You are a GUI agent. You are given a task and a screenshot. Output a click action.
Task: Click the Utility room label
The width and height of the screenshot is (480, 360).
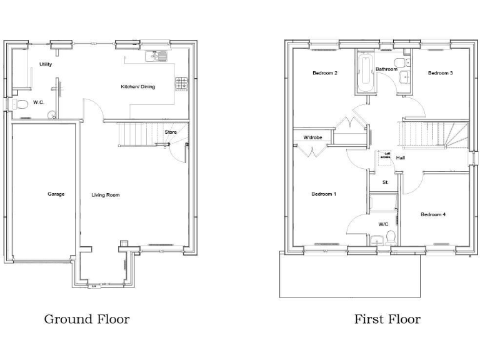pyautogui.click(x=46, y=64)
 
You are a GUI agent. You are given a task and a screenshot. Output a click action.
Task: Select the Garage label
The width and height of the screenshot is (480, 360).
pyautogui.click(x=56, y=194)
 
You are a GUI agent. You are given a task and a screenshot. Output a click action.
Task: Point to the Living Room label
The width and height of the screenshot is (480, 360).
pyautogui.click(x=106, y=195)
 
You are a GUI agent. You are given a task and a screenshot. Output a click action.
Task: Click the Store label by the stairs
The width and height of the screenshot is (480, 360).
pyautogui.click(x=171, y=132)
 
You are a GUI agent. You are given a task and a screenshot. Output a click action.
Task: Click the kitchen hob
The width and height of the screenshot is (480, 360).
pyautogui.click(x=182, y=83)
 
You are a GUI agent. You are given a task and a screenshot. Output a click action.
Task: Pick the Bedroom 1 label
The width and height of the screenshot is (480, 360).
pyautogui.click(x=324, y=194)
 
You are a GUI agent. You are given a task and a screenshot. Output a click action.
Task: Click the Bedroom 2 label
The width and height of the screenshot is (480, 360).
pyautogui.click(x=325, y=73)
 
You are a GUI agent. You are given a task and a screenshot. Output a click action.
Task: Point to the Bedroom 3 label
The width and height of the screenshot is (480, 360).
pyautogui.click(x=440, y=73)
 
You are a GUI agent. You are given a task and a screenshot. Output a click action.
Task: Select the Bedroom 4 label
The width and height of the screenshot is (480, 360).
pyautogui.click(x=432, y=215)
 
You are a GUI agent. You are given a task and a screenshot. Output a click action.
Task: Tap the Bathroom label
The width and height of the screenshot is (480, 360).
pyautogui.click(x=386, y=69)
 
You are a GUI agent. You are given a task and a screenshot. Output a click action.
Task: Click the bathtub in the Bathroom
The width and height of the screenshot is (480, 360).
pyautogui.click(x=364, y=74)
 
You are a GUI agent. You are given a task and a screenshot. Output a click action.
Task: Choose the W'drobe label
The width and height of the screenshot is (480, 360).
pyautogui.click(x=312, y=137)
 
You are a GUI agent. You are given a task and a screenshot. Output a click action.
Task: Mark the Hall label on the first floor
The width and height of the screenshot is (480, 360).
pyautogui.click(x=400, y=158)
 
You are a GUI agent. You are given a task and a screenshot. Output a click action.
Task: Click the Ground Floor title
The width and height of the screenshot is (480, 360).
pyautogui.click(x=87, y=319)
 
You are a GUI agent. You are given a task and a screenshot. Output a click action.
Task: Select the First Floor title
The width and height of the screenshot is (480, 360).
pyautogui.click(x=387, y=319)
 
